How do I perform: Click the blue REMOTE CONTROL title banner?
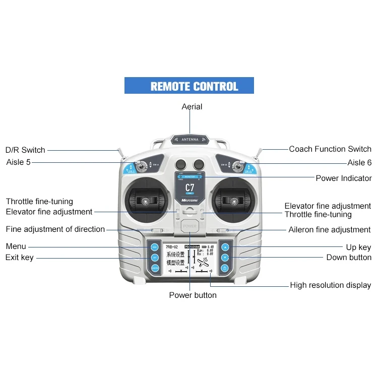coord(189,86)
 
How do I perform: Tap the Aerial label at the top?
coord(192,107)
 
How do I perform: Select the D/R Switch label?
coord(25,150)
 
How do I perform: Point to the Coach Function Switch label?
coord(330,149)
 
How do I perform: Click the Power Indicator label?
coord(344,178)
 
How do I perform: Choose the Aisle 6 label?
coord(359,163)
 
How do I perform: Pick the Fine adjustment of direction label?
coord(55,229)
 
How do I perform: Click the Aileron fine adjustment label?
coord(330,230)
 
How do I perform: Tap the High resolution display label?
coord(331,285)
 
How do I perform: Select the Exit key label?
coord(20,258)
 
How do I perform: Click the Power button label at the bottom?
coord(193,295)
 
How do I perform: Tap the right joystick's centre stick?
coord(233,201)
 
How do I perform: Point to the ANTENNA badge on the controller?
coord(190,140)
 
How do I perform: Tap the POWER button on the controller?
coord(190,227)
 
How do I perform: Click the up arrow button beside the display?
coord(225,247)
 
